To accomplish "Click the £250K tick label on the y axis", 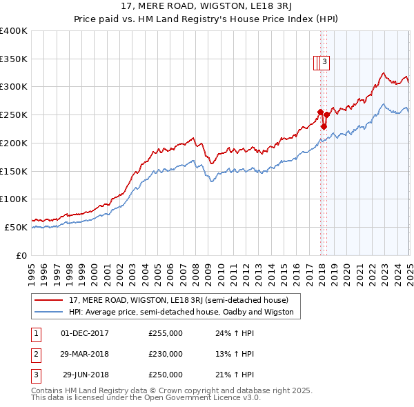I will (14, 115).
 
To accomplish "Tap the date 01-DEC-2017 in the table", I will (85, 333).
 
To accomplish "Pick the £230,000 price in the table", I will (166, 354).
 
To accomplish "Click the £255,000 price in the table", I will (166, 333).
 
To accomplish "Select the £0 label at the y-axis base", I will (21, 255).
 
